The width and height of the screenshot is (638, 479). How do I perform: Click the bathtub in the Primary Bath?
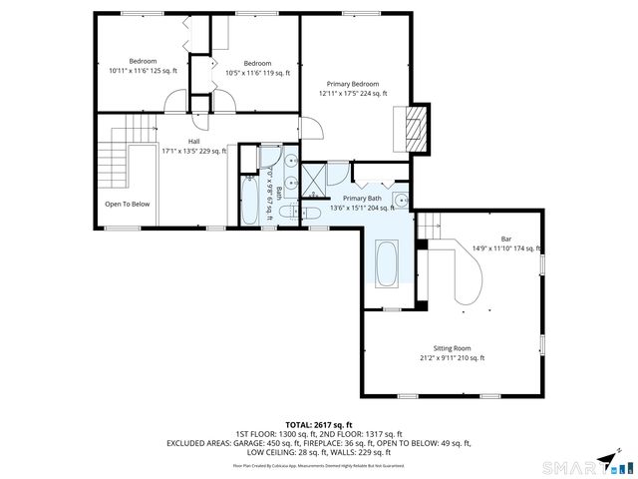point(386,264)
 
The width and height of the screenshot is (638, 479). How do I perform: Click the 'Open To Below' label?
point(127,204)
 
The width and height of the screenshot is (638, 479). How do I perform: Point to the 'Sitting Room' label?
point(454,348)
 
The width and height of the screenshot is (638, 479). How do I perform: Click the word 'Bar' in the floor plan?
point(506,239)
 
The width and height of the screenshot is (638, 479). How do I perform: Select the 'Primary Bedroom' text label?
point(353,84)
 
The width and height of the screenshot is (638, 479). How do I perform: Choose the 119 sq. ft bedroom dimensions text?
point(257,73)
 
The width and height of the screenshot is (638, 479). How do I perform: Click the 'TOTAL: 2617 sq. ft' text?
point(319,424)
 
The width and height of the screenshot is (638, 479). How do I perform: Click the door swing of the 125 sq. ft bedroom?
point(176,101)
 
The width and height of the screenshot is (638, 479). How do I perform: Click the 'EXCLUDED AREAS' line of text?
point(319,442)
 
